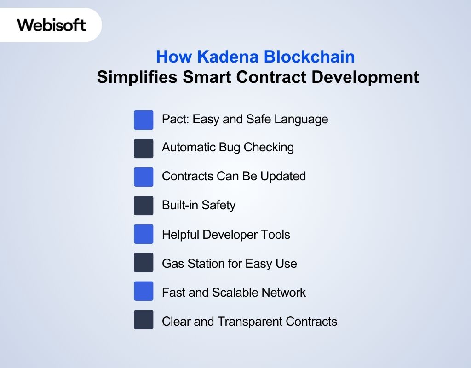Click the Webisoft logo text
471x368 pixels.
coord(52,24)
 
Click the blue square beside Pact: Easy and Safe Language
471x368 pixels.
coord(144,120)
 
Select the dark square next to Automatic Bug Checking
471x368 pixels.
coord(144,148)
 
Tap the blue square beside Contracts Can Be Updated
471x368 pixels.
coord(144,177)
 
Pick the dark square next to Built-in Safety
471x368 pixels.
coord(144,205)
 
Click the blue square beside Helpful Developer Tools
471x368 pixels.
coord(144,234)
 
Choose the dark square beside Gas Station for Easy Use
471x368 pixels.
coord(144,263)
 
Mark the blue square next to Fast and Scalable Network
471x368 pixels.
coord(144,291)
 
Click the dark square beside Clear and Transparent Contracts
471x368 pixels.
coord(144,320)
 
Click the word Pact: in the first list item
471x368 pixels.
coord(175,119)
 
